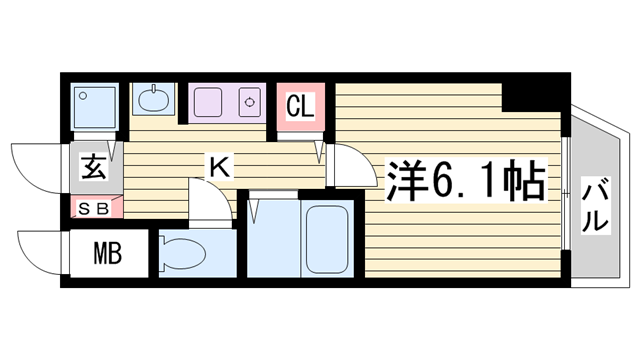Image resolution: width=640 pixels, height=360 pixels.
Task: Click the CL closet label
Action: [301, 105]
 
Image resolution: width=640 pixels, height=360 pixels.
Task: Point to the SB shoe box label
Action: [96, 208]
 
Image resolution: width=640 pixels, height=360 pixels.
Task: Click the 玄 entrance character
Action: [91, 167]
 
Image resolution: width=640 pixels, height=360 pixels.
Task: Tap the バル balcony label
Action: [596, 205]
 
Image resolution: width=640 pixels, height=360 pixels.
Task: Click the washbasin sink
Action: [153, 100]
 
